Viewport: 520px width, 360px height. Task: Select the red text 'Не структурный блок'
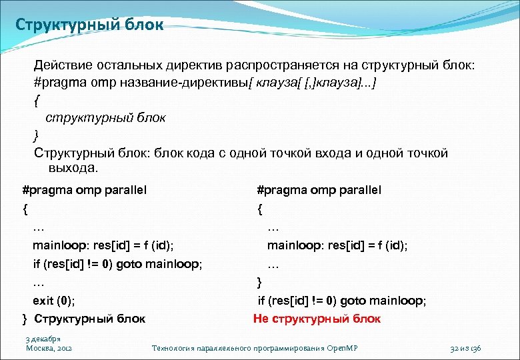317,319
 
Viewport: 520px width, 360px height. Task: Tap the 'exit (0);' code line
59,301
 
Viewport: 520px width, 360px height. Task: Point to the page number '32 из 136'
466,349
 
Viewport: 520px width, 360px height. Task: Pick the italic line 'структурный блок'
106,117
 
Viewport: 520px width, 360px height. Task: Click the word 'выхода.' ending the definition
73,167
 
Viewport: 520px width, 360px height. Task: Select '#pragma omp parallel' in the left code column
85,190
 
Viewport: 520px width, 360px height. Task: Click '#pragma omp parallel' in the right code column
319,190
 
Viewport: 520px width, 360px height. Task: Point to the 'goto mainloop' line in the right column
342,301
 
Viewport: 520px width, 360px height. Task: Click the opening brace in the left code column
25,209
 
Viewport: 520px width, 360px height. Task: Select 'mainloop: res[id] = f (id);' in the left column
108,245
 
